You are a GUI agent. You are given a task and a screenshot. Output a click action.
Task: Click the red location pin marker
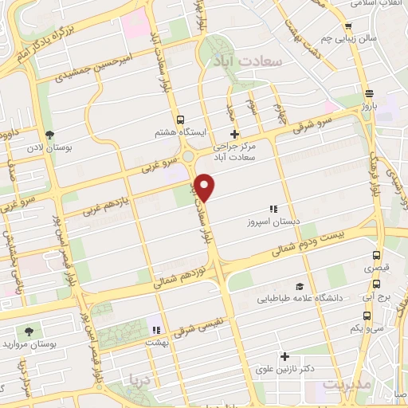(205, 186)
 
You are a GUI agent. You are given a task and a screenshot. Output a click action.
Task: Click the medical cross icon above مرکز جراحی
(233, 134)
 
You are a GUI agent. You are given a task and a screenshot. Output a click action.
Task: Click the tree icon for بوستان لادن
(50, 134)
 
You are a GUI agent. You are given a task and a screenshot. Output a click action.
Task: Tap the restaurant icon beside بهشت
(157, 329)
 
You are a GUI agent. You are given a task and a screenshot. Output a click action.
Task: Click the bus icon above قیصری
(377, 256)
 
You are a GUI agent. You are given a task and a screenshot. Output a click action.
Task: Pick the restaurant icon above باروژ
(369, 92)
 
